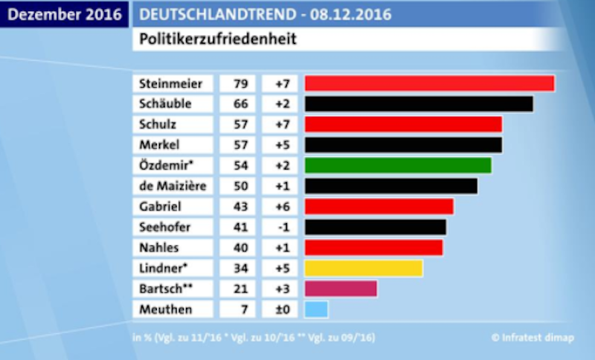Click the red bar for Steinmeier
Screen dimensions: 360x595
point(429,83)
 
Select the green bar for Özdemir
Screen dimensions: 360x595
point(398,165)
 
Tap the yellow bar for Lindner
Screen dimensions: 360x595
point(364,268)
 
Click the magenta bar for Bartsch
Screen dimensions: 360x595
point(341,289)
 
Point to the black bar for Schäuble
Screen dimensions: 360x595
point(419,103)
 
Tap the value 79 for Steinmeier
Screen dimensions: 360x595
point(240,83)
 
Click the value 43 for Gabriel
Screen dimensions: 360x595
point(240,206)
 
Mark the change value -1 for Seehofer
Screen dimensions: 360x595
point(281,226)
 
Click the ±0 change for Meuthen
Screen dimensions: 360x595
point(281,309)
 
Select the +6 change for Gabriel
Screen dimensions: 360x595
point(281,206)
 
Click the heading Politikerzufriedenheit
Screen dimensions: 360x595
point(217,39)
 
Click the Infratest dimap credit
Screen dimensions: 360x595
point(533,337)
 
